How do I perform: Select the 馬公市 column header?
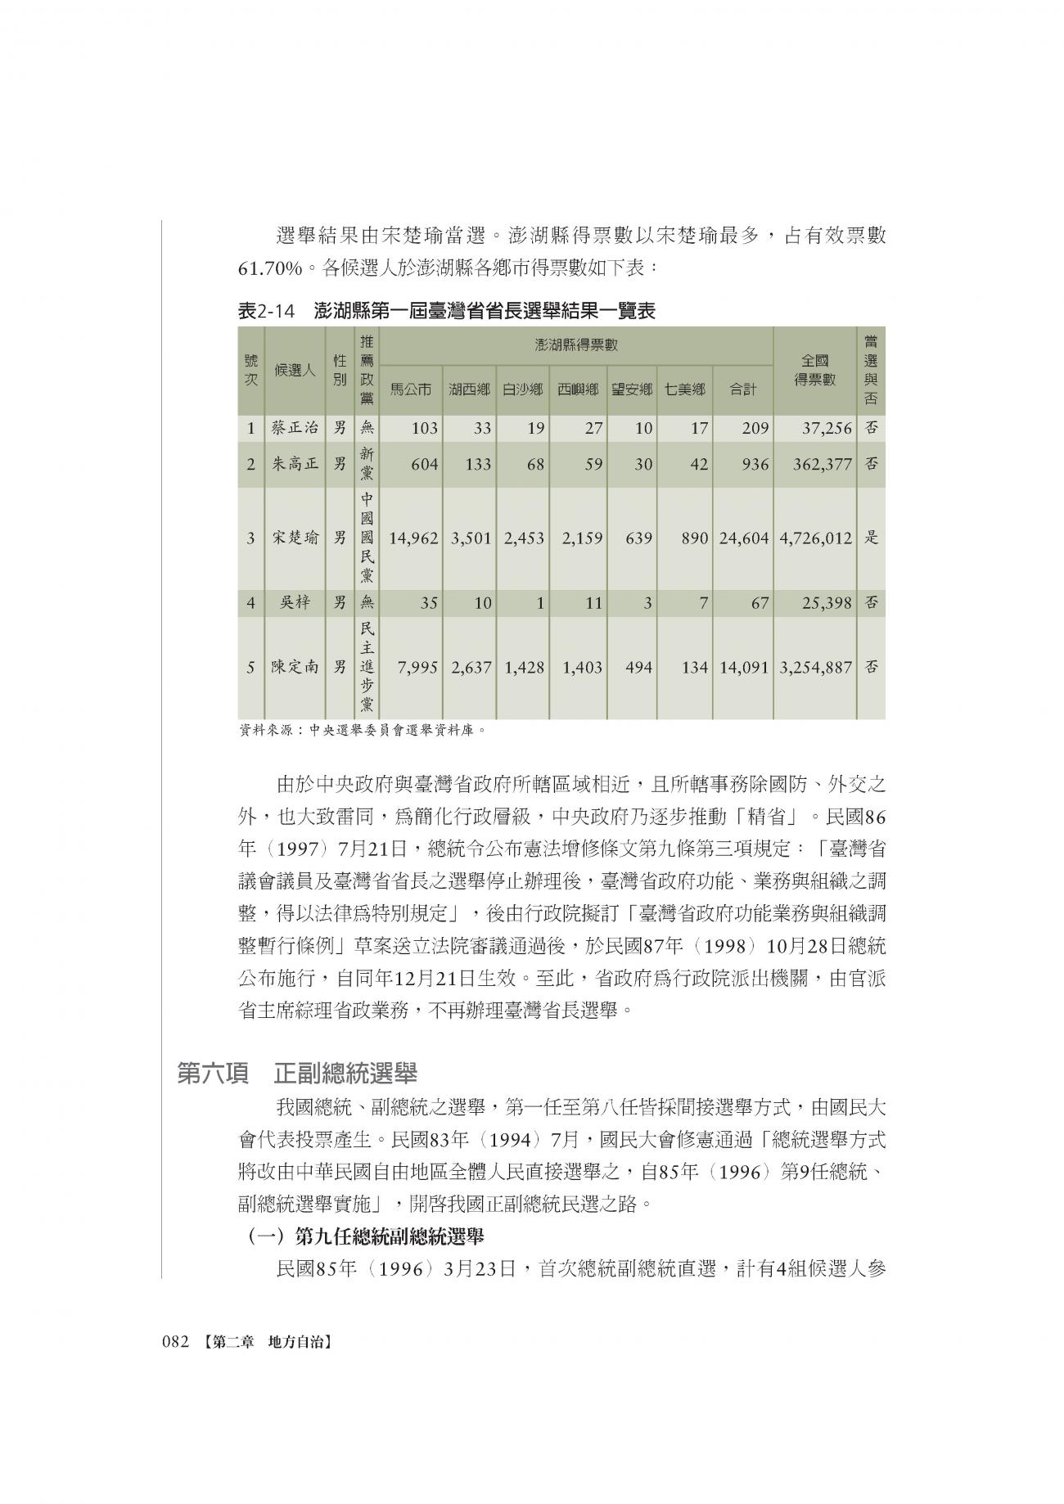tap(410, 390)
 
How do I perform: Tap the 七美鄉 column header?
tap(684, 390)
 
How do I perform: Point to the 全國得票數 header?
tap(814, 370)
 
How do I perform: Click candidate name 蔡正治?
tap(295, 427)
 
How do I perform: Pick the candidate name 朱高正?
tap(295, 464)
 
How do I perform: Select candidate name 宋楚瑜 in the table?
tap(295, 538)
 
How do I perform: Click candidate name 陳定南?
tap(295, 667)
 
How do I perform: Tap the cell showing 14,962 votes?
tap(414, 538)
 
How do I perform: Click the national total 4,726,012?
tap(816, 538)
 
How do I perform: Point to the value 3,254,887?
tap(816, 667)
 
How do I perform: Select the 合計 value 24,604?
tap(744, 538)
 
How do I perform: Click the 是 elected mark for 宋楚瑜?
tap(872, 538)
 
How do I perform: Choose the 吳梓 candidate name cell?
tap(295, 603)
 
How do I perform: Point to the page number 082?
tap(176, 1343)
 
